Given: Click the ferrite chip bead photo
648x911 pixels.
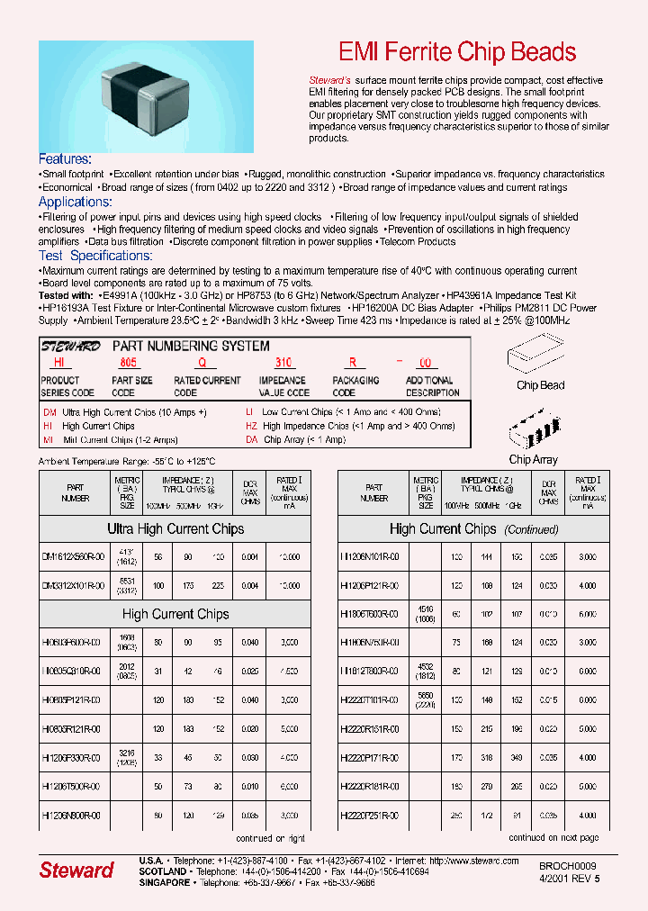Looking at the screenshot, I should [146, 97].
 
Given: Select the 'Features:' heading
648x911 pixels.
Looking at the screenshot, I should [65, 158].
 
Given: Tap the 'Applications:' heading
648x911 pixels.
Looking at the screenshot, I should [75, 202].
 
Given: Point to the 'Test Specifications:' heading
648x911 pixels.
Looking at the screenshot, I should [95, 256].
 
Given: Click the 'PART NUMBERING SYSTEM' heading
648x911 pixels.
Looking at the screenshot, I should [190, 346].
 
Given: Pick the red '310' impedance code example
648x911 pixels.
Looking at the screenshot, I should [283, 364].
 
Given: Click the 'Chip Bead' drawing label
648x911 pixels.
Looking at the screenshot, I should [540, 385].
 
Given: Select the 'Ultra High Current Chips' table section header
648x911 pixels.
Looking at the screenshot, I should [175, 529].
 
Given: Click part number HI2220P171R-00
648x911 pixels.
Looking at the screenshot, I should [370, 757].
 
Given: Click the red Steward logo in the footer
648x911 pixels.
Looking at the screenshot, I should [76, 870].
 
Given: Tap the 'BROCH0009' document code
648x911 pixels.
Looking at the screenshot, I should [568, 864].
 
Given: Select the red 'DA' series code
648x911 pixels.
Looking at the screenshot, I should [251, 440].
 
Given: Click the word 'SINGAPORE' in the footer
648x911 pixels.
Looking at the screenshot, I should [165, 883].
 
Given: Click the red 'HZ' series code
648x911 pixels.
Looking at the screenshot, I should [251, 426].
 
